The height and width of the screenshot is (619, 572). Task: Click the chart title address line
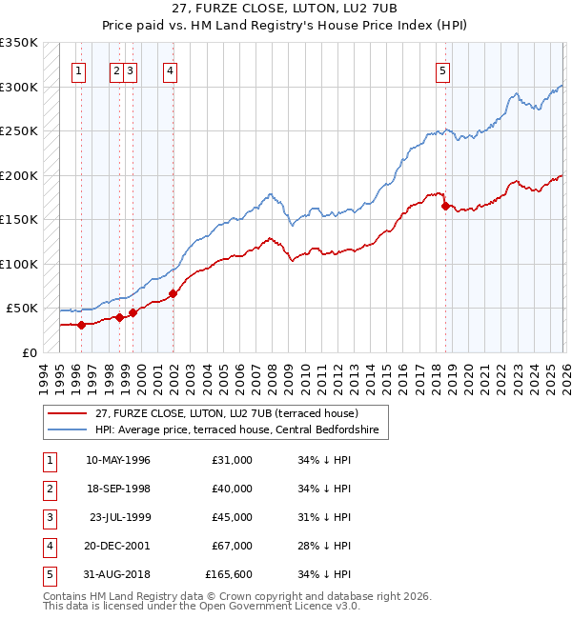tap(286, 9)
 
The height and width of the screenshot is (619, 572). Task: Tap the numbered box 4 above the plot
tap(169, 69)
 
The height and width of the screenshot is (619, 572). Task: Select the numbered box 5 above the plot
tap(443, 69)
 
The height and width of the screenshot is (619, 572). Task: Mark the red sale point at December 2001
tap(173, 293)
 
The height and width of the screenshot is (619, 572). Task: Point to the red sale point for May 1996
tap(81, 325)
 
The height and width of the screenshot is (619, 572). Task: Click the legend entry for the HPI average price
tap(236, 430)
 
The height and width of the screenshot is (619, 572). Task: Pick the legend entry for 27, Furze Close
tap(226, 413)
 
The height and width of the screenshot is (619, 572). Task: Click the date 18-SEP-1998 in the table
tap(117, 489)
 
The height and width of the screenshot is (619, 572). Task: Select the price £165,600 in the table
tap(229, 574)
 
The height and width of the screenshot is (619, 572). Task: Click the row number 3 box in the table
tap(49, 517)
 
